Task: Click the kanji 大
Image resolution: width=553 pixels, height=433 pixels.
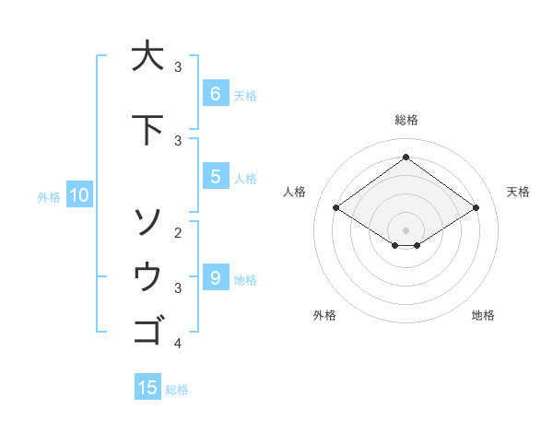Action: [x=147, y=56]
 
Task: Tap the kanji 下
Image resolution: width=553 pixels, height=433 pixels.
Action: [x=147, y=130]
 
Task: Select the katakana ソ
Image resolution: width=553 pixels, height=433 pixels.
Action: [x=147, y=221]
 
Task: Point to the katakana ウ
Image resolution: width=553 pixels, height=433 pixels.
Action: [x=147, y=276]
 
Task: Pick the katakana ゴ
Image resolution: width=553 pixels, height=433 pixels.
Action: [x=147, y=330]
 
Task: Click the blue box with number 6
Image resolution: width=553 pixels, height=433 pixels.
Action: [x=215, y=94]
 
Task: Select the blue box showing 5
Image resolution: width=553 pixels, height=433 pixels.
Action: [x=215, y=177]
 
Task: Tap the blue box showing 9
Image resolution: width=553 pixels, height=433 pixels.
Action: [x=215, y=278]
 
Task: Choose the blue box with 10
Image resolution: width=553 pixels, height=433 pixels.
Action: [x=78, y=195]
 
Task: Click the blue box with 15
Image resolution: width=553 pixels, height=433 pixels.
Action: [x=147, y=388]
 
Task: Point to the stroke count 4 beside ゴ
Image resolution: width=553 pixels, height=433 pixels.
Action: [x=178, y=344]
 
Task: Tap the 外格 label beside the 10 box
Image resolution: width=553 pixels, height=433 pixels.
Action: [x=49, y=196]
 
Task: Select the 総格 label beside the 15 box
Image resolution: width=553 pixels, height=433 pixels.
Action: [x=177, y=389]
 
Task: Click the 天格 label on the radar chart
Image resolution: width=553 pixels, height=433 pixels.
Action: [x=518, y=192]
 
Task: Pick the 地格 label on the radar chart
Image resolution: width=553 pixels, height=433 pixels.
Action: [x=483, y=315]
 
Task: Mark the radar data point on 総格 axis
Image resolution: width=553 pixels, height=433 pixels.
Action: [x=406, y=157]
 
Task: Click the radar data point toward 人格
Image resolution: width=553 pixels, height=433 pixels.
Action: [x=335, y=208]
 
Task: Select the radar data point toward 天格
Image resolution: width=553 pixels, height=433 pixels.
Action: [x=476, y=208]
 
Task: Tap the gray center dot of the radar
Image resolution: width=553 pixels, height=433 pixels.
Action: [x=406, y=229]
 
